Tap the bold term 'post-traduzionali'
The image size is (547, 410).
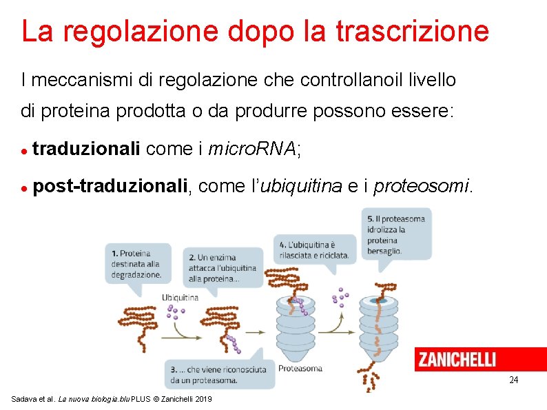(x=110, y=186)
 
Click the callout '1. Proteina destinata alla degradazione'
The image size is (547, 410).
(x=137, y=263)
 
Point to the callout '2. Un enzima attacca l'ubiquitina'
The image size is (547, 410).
(x=223, y=268)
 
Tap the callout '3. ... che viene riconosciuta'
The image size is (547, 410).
(x=218, y=374)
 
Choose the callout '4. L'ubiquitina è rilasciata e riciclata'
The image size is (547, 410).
(x=315, y=249)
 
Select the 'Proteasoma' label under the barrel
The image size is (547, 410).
(x=300, y=368)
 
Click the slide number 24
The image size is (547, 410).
(x=513, y=380)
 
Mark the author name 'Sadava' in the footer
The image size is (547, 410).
(x=25, y=400)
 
